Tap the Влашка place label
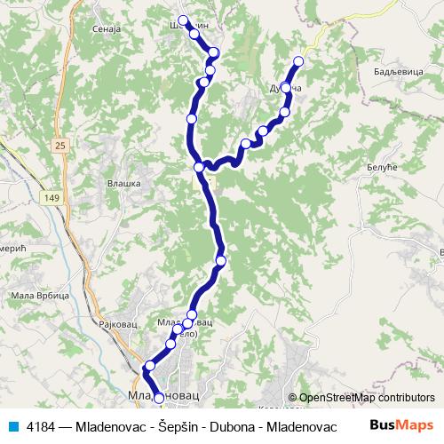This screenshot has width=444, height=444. coord(124,183)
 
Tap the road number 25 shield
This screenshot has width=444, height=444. coord(59,145)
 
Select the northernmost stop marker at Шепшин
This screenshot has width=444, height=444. coord(183,20)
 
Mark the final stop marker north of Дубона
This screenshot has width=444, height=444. coord(298,60)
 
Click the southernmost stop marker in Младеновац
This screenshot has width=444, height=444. coord(159,399)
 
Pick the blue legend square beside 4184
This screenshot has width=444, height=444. coord(12,425)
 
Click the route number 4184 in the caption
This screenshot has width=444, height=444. coord(41,425)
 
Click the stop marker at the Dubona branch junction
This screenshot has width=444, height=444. coord(200,167)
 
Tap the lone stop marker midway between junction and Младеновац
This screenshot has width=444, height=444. coord(221,260)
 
